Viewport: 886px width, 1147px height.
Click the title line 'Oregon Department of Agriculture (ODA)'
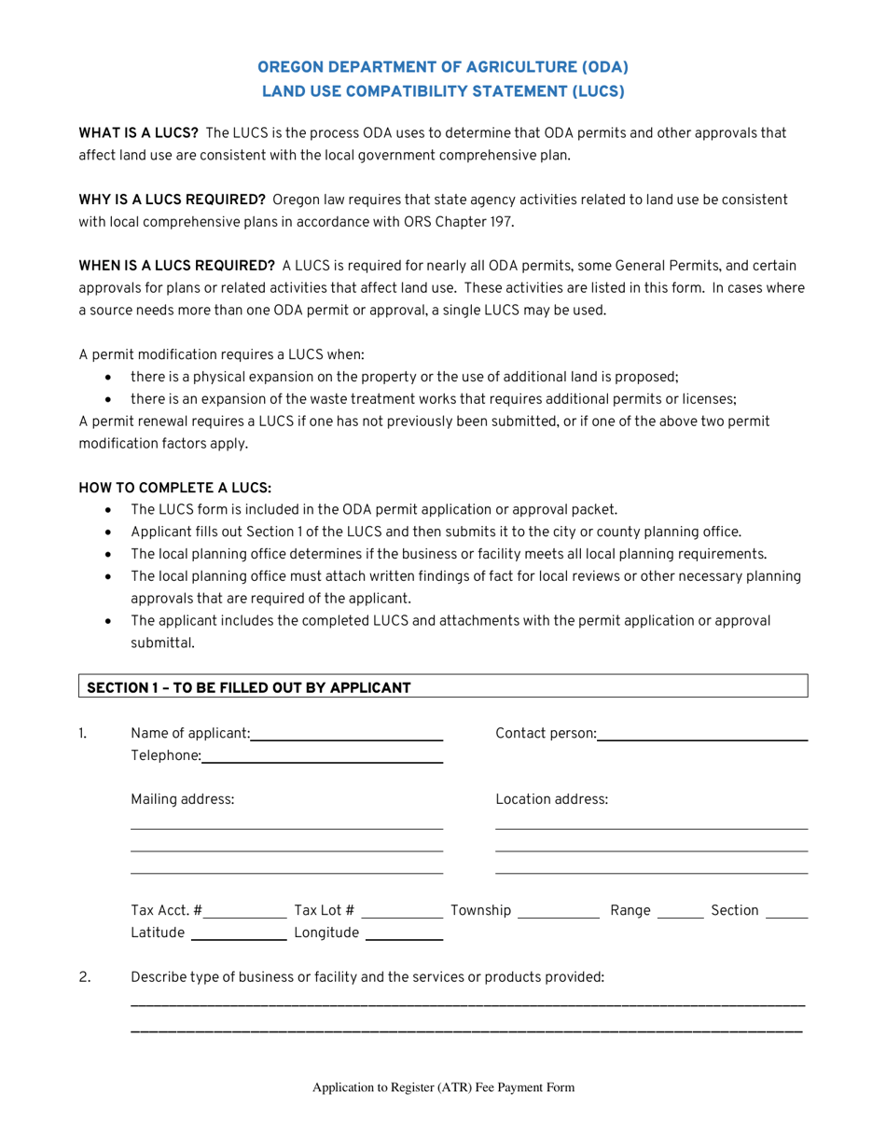click(442, 67)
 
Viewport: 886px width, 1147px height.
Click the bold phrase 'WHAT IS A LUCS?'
click(138, 133)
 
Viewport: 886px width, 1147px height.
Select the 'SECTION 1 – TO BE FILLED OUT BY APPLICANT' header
click(248, 687)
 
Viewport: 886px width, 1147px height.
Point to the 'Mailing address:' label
click(183, 799)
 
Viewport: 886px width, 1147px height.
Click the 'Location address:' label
click(551, 799)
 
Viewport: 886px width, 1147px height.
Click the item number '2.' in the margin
click(85, 976)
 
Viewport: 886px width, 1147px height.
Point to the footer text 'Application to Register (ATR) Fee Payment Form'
click(443, 1087)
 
